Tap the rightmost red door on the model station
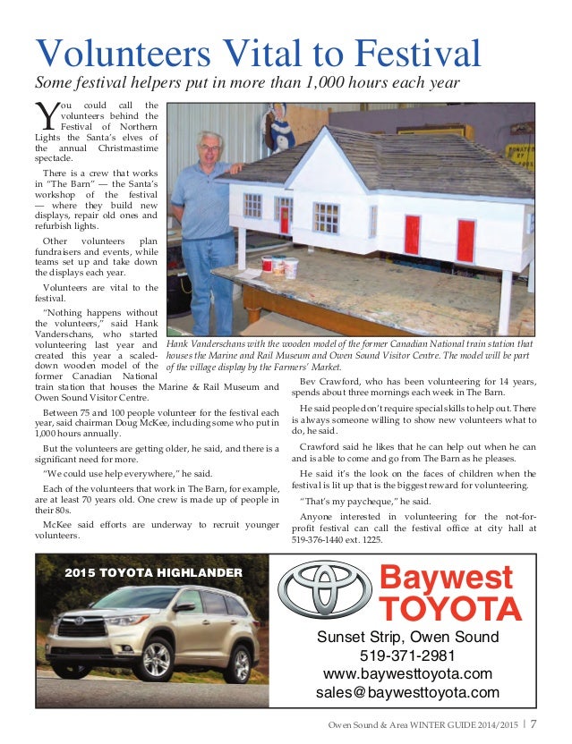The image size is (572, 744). click(x=465, y=240)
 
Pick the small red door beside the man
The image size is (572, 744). click(x=284, y=216)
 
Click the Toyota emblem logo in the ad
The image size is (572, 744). click(x=323, y=589)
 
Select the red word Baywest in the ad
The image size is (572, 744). click(x=447, y=578)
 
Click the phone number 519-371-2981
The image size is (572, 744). click(x=407, y=655)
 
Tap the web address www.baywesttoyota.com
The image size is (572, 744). click(x=407, y=673)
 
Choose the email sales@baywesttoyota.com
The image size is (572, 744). click(x=407, y=692)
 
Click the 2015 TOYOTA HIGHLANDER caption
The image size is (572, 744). click(x=153, y=571)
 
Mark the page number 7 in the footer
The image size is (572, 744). click(x=534, y=725)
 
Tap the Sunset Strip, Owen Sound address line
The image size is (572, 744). click(x=407, y=637)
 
